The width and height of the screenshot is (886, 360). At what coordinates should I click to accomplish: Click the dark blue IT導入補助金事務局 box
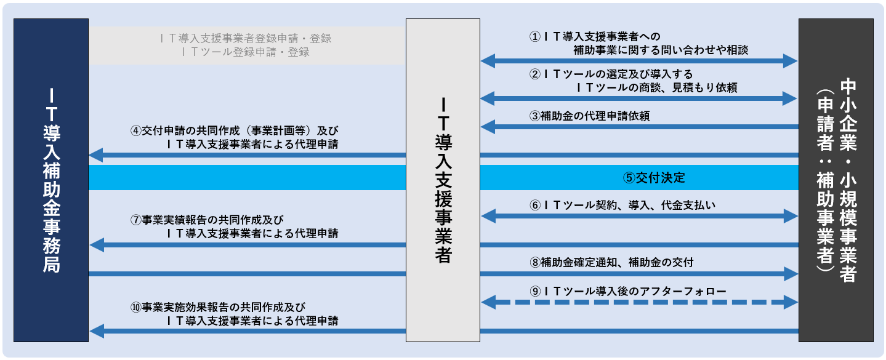[51, 180]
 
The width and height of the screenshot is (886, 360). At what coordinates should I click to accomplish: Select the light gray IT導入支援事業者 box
[443, 180]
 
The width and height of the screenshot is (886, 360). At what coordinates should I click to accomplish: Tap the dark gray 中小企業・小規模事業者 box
[836, 180]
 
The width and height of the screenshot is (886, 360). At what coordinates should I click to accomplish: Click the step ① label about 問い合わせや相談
[638, 43]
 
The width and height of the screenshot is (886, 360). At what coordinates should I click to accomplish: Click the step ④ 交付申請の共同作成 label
[234, 138]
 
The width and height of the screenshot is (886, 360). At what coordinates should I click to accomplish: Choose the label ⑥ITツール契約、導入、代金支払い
[622, 204]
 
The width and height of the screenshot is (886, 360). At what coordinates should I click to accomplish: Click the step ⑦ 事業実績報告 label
[234, 226]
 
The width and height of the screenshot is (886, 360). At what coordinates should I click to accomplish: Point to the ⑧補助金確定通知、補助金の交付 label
[611, 263]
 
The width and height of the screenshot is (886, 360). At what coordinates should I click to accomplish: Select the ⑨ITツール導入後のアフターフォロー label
[628, 290]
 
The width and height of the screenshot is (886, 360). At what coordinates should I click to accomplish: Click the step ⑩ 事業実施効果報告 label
[234, 313]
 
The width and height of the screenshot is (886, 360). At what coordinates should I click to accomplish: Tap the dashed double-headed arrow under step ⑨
[639, 302]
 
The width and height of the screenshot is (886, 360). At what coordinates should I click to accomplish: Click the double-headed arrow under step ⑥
[639, 216]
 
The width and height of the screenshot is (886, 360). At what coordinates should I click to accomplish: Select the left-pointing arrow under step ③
[639, 127]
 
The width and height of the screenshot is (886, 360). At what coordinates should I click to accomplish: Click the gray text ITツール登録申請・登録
[246, 52]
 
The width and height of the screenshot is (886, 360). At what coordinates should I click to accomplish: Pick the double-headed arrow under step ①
[639, 60]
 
